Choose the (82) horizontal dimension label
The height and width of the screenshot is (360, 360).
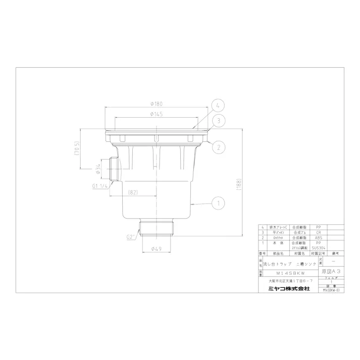tap(133, 191)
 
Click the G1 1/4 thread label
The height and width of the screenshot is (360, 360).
tap(100, 185)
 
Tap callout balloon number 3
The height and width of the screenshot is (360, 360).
tap(218, 121)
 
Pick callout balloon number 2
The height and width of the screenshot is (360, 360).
tap(218, 147)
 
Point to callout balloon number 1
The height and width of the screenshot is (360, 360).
tap(218, 203)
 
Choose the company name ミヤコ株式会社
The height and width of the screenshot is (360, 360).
tap(289, 288)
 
